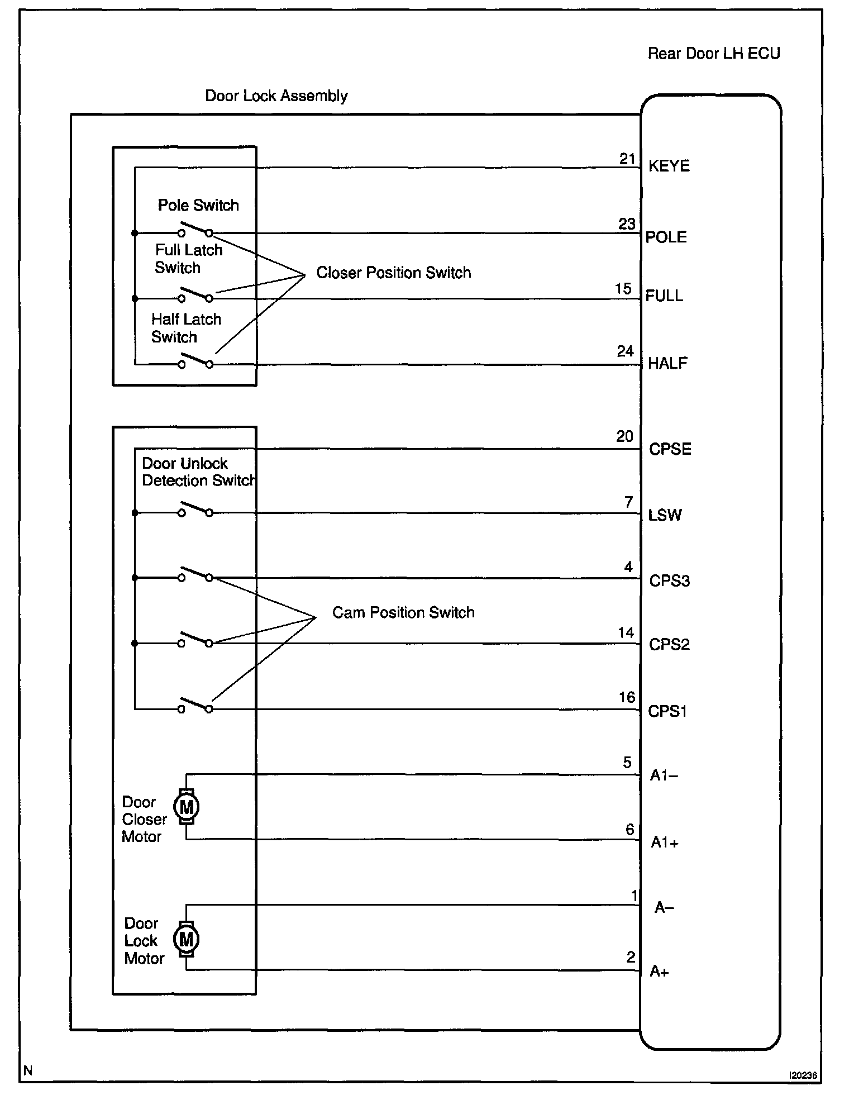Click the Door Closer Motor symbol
[186, 807]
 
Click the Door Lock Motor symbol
[186, 939]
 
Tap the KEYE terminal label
[669, 166]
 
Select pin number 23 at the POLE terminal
[627, 224]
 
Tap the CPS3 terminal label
[670, 581]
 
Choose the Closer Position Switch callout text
[393, 273]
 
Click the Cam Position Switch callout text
[403, 612]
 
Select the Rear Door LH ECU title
[713, 54]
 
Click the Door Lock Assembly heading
[276, 96]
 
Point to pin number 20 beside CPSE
[624, 436]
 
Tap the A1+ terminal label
[665, 842]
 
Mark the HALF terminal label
[667, 364]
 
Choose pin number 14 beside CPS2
[626, 632]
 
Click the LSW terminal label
[665, 515]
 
